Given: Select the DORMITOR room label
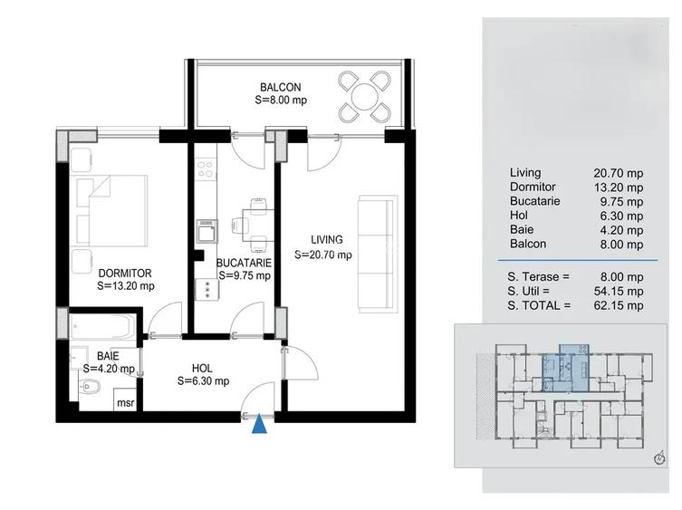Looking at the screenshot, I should pos(125,272).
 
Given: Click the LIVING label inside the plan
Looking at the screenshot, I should pos(327,240).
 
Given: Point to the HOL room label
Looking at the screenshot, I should pos(203,369).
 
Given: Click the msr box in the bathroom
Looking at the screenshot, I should pos(124,402).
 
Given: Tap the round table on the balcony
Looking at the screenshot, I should pos(365,96).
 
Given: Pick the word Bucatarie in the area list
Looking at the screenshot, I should pos(535,201).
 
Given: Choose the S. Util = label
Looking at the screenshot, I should pos(540,291).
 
